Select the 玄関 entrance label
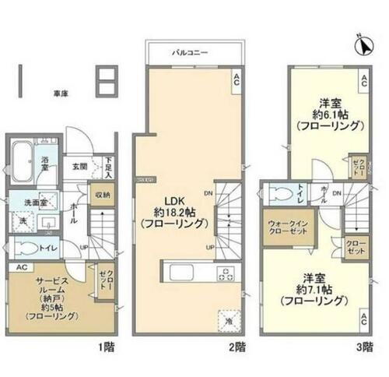pyautogui.click(x=80, y=166)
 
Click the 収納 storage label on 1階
pyautogui.click(x=102, y=195)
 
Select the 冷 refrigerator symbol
pyautogui.click(x=229, y=319)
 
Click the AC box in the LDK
pyautogui.click(x=237, y=77)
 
